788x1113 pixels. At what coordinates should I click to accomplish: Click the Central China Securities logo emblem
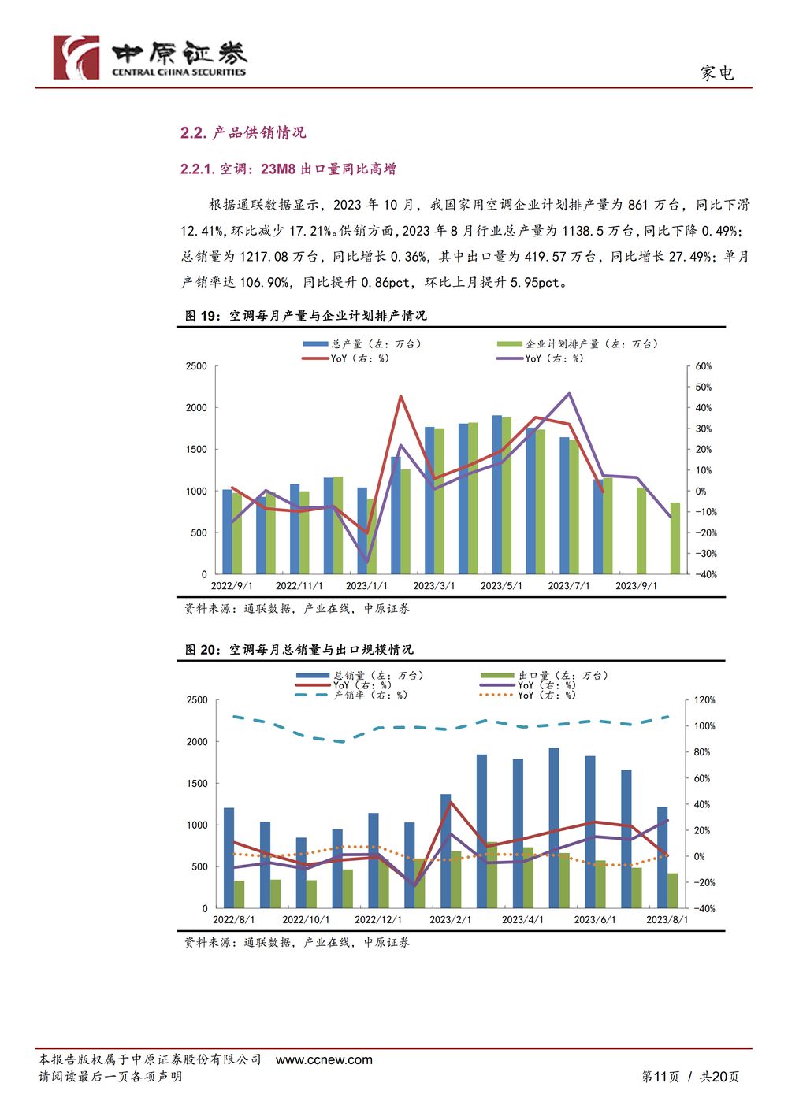(x=76, y=58)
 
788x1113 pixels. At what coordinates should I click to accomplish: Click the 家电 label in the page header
(x=717, y=73)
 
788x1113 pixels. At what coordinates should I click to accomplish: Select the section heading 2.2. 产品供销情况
(x=243, y=132)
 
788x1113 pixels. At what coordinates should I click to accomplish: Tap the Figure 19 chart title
(x=306, y=316)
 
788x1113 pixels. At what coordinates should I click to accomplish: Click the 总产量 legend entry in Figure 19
(x=362, y=344)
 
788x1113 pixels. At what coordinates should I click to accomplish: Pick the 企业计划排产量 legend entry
(x=577, y=344)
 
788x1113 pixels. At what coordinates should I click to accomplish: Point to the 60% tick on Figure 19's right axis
(x=703, y=366)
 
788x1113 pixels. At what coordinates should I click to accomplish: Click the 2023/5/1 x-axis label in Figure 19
(x=501, y=586)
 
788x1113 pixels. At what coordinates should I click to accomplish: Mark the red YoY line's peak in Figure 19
(x=401, y=396)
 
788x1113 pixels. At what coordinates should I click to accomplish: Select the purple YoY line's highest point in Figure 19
(x=569, y=393)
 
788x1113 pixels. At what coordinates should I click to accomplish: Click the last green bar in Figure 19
(x=675, y=538)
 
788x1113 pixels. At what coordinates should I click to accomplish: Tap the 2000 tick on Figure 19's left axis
(x=196, y=407)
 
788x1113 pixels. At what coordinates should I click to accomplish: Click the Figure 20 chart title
(x=299, y=649)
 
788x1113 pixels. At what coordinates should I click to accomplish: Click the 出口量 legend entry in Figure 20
(x=545, y=675)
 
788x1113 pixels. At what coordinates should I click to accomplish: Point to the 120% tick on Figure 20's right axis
(x=704, y=700)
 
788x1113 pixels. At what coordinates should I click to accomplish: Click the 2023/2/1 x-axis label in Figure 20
(x=450, y=920)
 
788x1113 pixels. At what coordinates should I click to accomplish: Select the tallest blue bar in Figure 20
(x=554, y=828)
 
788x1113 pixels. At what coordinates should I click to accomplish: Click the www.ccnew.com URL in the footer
(x=324, y=1060)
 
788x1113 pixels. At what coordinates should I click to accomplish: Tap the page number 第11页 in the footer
(x=660, y=1077)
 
